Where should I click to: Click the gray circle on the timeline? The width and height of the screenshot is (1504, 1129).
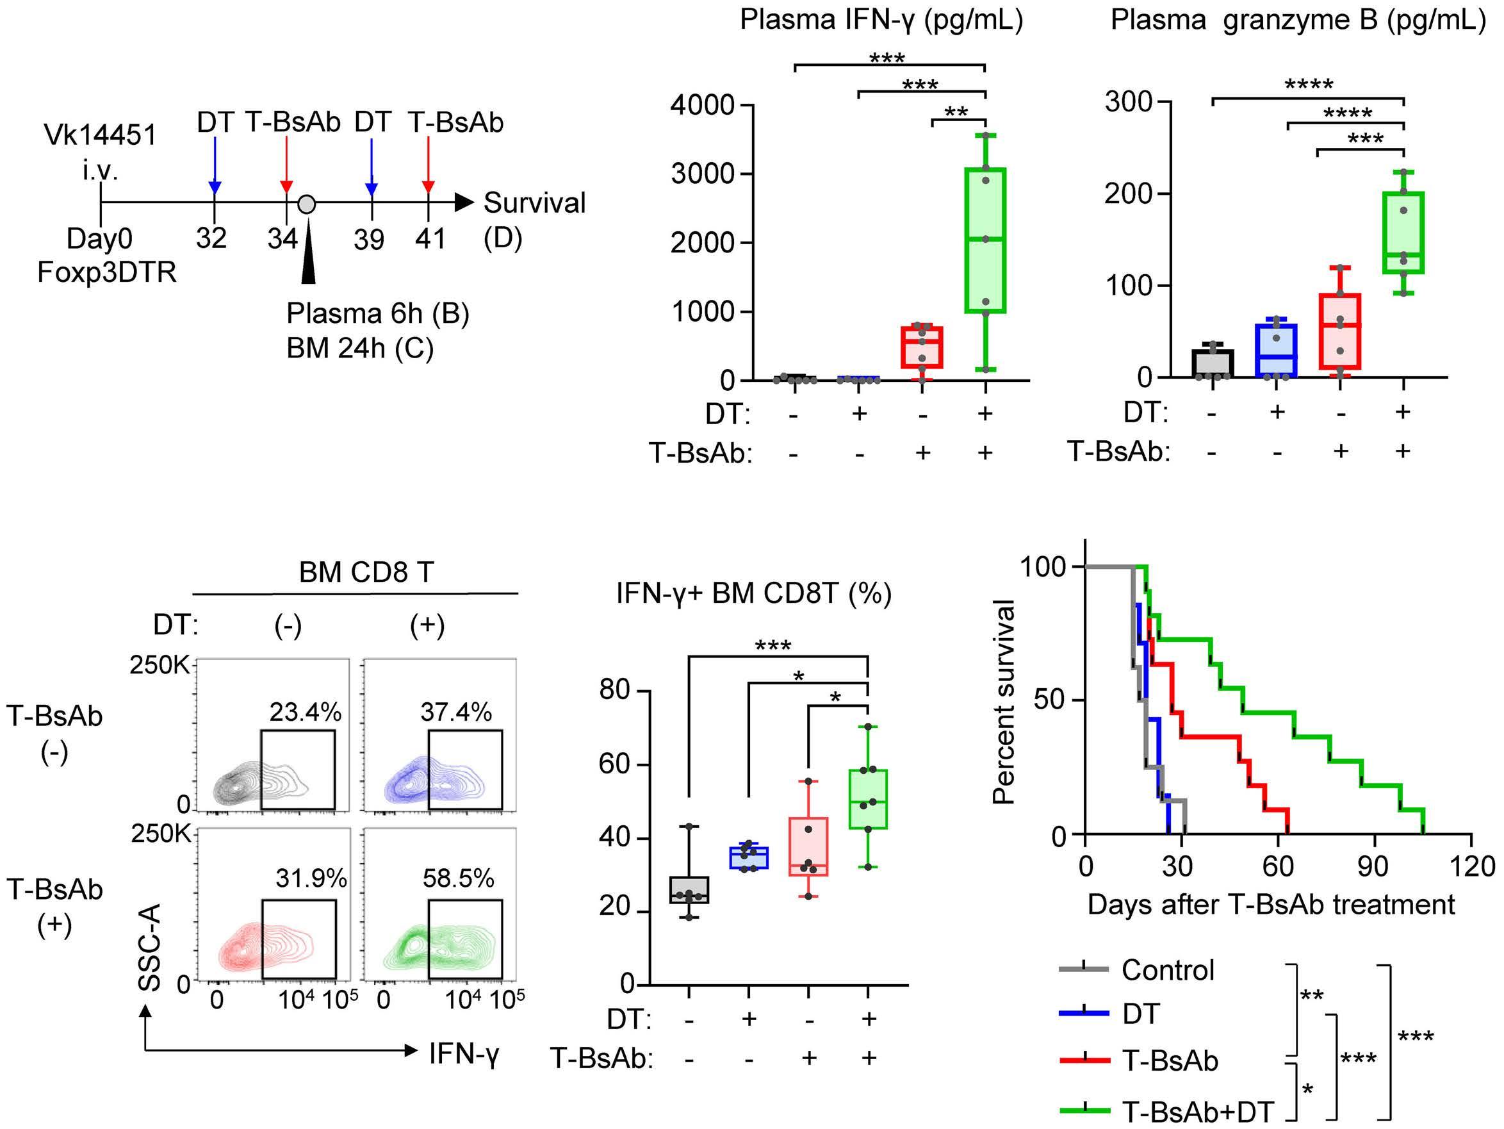(x=307, y=203)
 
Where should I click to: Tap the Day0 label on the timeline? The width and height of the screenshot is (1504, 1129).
(x=99, y=239)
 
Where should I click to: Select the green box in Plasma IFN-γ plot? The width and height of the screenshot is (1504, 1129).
(x=985, y=240)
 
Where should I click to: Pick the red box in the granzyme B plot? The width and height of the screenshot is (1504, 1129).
(x=1339, y=331)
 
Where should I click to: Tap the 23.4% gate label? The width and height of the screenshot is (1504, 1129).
(x=306, y=712)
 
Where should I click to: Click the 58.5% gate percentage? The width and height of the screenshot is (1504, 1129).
(x=458, y=878)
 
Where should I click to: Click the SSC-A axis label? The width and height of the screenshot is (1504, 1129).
(x=150, y=947)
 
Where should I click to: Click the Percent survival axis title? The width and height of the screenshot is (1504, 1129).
(x=1004, y=702)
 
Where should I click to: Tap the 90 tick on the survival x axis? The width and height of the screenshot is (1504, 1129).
(x=1373, y=866)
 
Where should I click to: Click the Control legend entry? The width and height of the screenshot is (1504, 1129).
(x=1137, y=970)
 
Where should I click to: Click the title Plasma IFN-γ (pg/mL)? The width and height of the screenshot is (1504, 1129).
(x=881, y=21)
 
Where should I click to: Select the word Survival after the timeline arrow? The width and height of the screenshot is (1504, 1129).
(x=534, y=202)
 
